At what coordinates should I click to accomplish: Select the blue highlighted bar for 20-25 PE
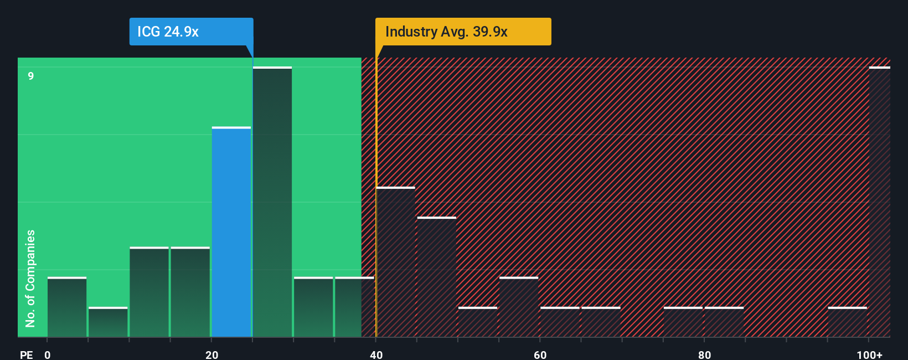click(x=231, y=232)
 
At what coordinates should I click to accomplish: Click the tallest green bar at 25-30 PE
click(x=272, y=202)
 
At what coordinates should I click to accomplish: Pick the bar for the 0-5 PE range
click(x=67, y=307)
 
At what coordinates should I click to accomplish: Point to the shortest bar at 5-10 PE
click(x=108, y=322)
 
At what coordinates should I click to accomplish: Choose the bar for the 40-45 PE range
click(x=395, y=262)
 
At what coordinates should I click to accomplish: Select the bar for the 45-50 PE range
click(x=437, y=277)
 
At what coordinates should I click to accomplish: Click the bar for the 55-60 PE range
click(x=519, y=307)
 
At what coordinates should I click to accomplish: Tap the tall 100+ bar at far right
click(x=879, y=202)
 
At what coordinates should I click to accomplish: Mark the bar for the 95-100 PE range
click(x=847, y=322)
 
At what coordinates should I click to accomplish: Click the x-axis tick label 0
click(x=48, y=354)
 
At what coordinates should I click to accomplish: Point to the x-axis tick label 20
click(x=211, y=354)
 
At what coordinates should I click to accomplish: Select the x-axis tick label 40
click(x=376, y=354)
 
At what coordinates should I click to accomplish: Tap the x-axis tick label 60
click(x=540, y=354)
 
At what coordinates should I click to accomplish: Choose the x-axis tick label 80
click(x=704, y=354)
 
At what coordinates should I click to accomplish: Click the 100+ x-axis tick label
click(x=869, y=354)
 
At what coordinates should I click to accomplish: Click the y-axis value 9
click(x=31, y=76)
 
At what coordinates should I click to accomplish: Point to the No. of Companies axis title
click(x=30, y=279)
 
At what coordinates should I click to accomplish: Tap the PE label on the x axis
click(x=26, y=354)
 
